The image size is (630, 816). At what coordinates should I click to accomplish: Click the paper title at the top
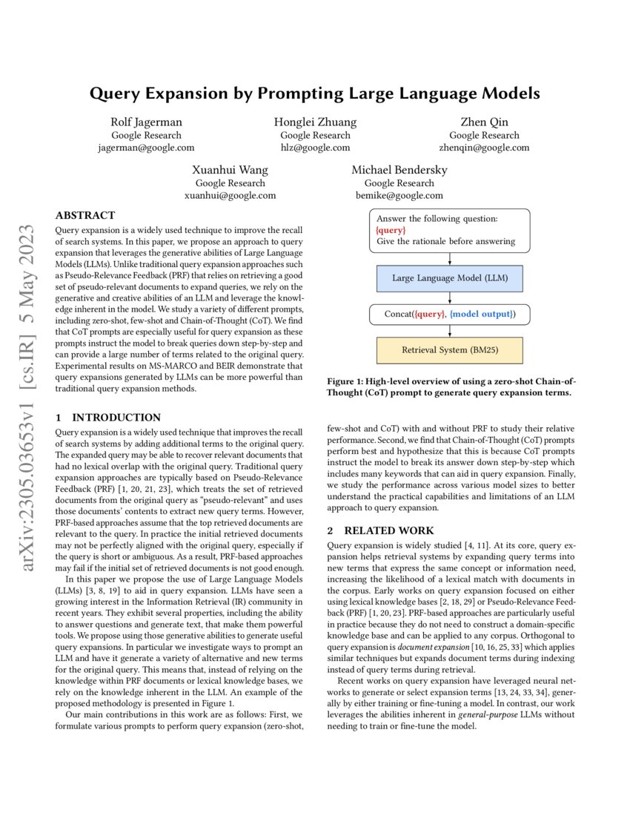(x=315, y=93)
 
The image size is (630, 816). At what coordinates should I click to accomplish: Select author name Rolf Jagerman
(x=146, y=122)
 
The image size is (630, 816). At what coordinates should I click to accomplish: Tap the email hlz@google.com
(x=315, y=148)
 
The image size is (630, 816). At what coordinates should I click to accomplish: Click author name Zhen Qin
(x=484, y=122)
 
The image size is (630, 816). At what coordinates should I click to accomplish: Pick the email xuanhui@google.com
(x=230, y=196)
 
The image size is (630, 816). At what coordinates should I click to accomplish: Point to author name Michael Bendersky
(x=399, y=171)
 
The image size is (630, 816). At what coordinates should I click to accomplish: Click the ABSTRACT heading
(x=85, y=216)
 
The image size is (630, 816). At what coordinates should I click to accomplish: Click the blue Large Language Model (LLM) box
(x=450, y=279)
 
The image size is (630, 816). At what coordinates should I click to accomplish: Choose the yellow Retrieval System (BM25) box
(x=450, y=349)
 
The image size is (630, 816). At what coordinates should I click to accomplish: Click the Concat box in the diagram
(x=450, y=314)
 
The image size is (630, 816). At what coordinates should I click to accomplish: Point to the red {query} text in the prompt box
(x=391, y=231)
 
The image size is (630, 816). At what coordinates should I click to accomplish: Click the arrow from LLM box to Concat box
(x=450, y=297)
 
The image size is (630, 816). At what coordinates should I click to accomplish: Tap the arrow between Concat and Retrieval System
(x=450, y=331)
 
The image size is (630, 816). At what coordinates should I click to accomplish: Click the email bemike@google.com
(x=399, y=196)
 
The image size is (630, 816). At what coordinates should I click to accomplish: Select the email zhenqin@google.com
(x=484, y=148)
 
